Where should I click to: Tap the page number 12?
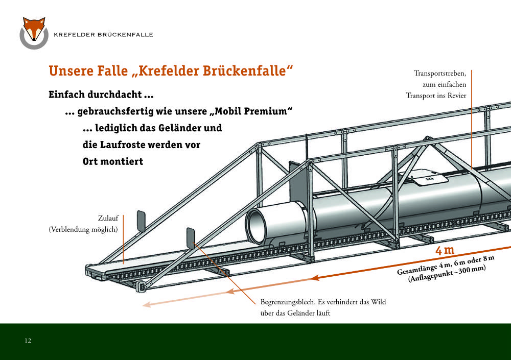point(28,341)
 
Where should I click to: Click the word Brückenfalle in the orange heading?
point(248,70)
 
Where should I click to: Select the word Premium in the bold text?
point(268,111)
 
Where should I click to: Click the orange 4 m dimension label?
point(445,250)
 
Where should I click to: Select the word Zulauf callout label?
point(108,218)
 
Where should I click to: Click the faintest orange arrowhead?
point(147,304)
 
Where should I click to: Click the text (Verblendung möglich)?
point(83,229)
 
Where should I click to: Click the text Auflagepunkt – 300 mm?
point(447,274)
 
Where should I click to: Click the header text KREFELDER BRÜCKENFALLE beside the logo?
point(103,35)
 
